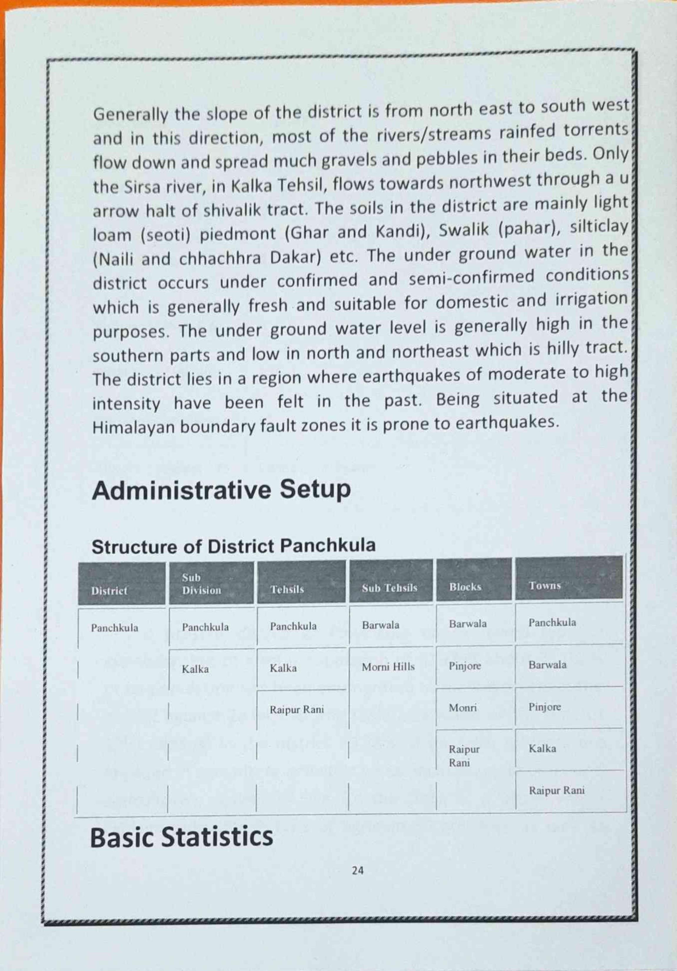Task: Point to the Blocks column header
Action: point(465,587)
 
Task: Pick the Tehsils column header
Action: point(287,589)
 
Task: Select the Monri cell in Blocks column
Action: point(463,708)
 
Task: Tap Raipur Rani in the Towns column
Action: point(556,790)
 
